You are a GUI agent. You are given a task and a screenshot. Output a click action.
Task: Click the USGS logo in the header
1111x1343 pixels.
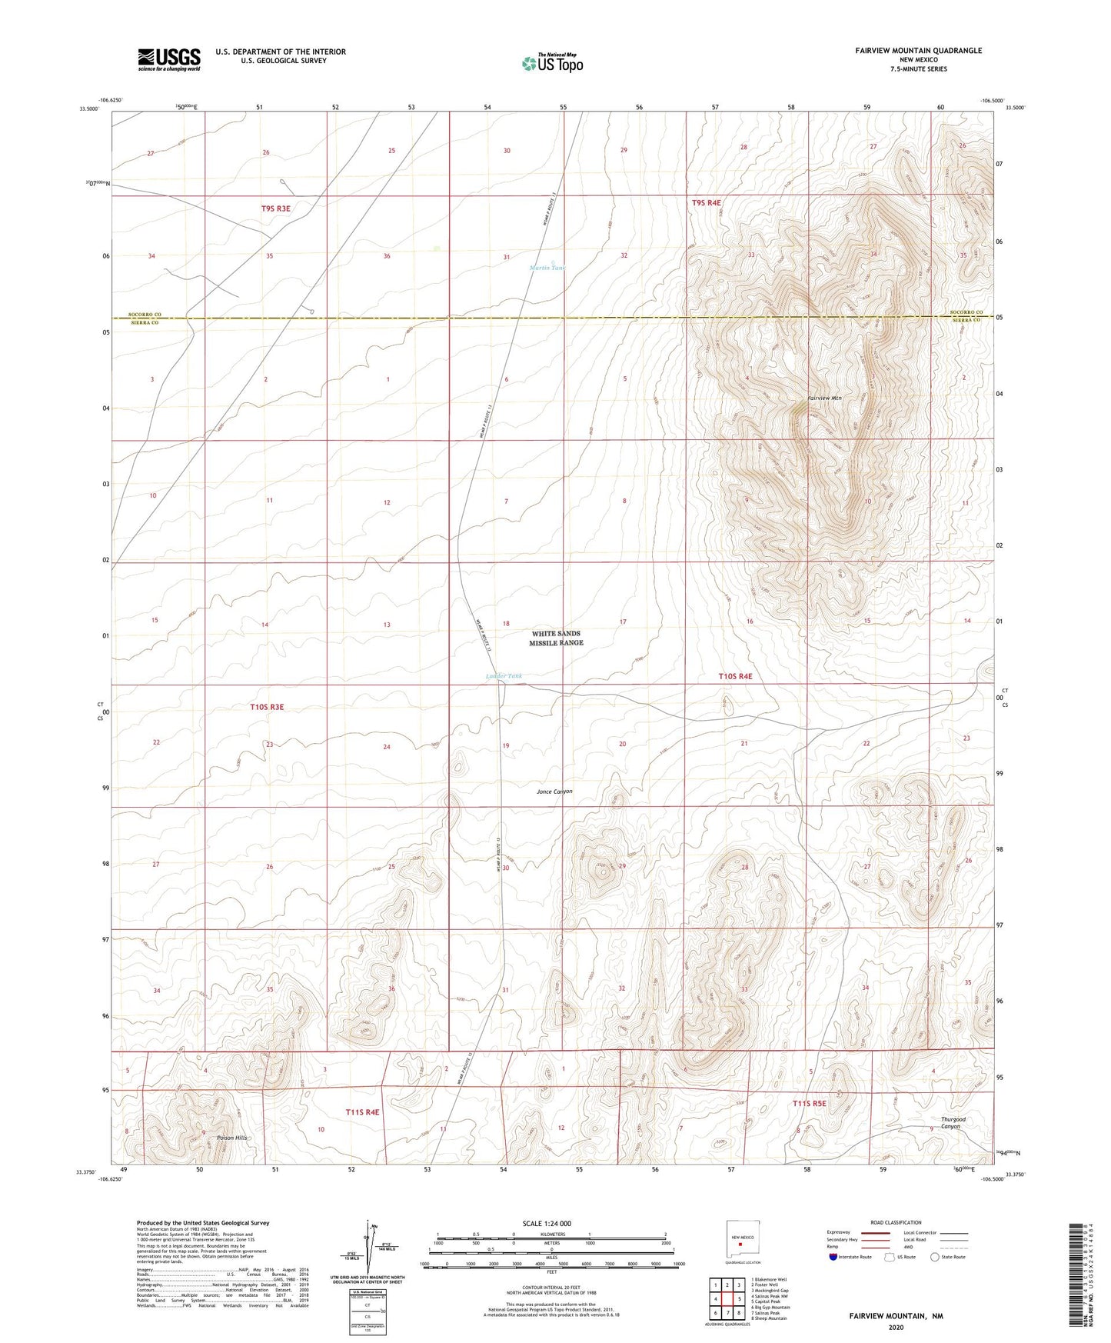(x=169, y=58)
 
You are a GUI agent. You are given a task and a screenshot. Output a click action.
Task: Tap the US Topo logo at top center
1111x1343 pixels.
(x=552, y=63)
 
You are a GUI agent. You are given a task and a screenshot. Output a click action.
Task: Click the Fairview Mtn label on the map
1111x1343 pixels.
(x=825, y=398)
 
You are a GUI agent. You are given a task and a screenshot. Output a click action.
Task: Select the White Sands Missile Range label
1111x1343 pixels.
(x=556, y=638)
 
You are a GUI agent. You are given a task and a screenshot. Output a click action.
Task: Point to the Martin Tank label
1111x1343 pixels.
(x=547, y=268)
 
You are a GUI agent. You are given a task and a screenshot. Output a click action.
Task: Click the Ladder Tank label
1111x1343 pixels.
(x=504, y=676)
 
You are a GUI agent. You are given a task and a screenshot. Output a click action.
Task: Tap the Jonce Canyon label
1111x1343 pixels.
(x=554, y=791)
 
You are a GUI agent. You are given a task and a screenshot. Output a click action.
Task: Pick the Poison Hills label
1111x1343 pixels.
(x=232, y=1137)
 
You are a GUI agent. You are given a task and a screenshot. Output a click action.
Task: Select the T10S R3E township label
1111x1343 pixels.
(x=267, y=706)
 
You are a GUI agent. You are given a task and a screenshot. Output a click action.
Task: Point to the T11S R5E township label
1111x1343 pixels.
(x=810, y=1103)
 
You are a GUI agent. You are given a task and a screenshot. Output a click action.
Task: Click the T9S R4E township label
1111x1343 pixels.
(x=707, y=202)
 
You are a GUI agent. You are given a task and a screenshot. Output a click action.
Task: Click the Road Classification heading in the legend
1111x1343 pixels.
(x=896, y=1222)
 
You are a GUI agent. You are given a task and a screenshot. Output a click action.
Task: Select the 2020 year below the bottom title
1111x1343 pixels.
(x=896, y=1327)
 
